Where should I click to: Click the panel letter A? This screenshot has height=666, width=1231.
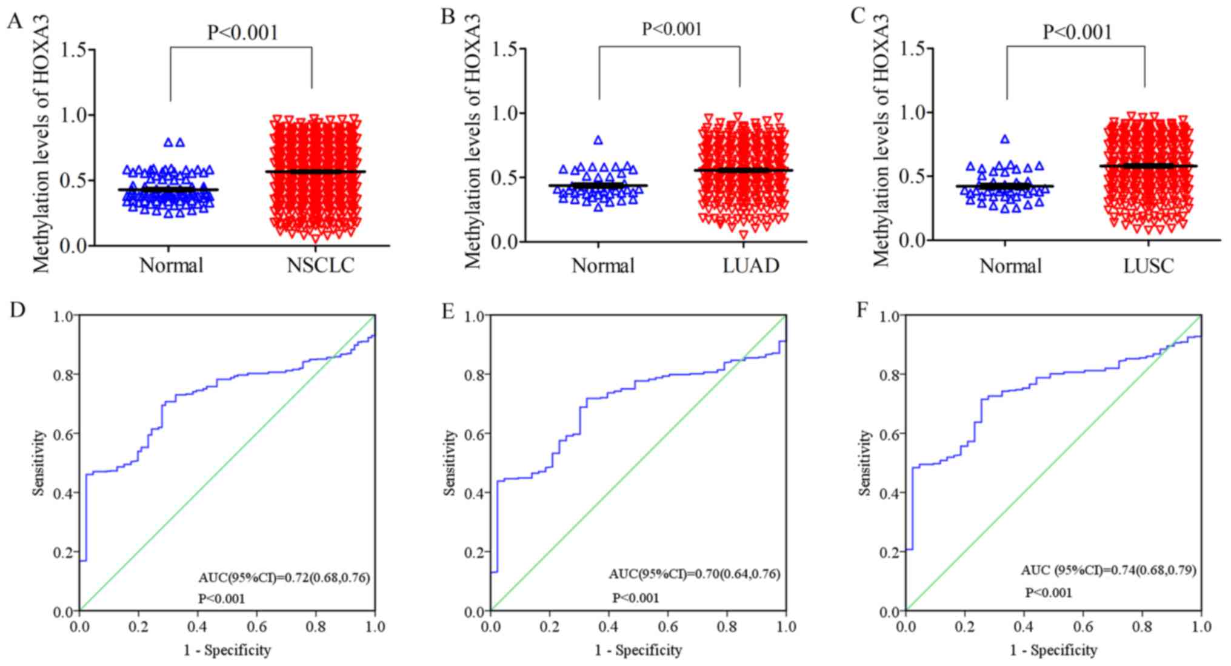(x=15, y=22)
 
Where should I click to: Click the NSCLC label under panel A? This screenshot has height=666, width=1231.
(x=320, y=266)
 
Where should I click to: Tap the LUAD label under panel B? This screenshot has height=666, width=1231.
(x=750, y=266)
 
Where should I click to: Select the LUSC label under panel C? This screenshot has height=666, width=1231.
(x=1148, y=266)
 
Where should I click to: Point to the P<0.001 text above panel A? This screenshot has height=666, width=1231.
(x=242, y=32)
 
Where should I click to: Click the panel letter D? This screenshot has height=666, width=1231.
(x=18, y=311)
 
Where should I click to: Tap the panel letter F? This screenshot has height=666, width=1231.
(x=861, y=311)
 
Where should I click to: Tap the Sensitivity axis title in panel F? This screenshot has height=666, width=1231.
(x=865, y=463)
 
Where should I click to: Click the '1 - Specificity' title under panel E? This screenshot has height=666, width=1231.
(x=638, y=651)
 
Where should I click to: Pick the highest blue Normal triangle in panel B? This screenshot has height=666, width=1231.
(x=598, y=140)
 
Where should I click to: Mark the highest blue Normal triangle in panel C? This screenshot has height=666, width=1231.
(x=1005, y=139)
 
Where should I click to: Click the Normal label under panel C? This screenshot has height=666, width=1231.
(x=1010, y=266)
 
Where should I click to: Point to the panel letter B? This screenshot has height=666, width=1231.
(x=448, y=16)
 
